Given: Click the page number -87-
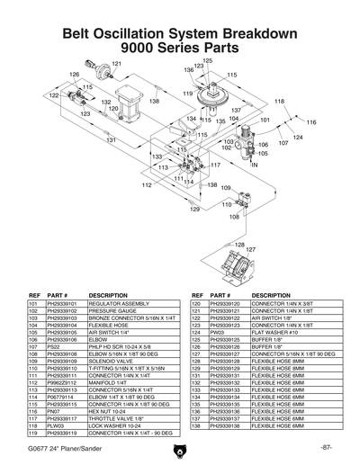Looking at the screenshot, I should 325,447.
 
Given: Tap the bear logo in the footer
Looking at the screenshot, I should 180,448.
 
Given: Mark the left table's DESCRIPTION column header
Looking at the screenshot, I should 109,295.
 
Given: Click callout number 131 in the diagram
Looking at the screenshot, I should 112,140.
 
